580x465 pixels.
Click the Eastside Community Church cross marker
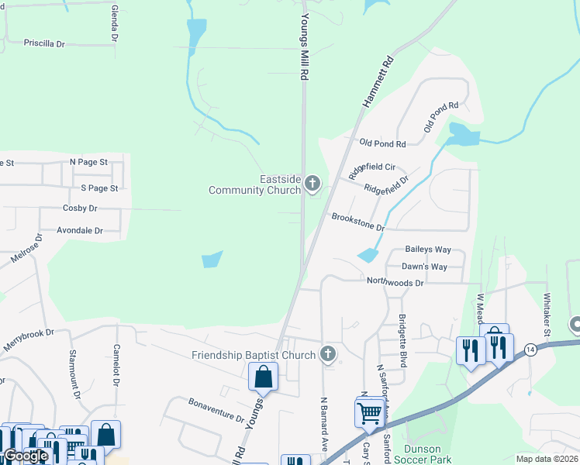[312, 184]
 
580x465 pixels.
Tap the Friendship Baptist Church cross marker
[328, 355]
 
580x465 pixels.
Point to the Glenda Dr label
[115, 23]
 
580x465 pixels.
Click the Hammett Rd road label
[378, 81]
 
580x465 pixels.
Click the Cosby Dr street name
[80, 208]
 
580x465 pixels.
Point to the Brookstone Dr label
[357, 222]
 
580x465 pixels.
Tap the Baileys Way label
[428, 250]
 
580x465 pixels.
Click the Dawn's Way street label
[424, 267]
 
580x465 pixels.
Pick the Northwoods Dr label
[395, 283]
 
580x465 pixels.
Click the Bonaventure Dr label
[216, 409]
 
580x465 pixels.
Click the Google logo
[26, 456]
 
